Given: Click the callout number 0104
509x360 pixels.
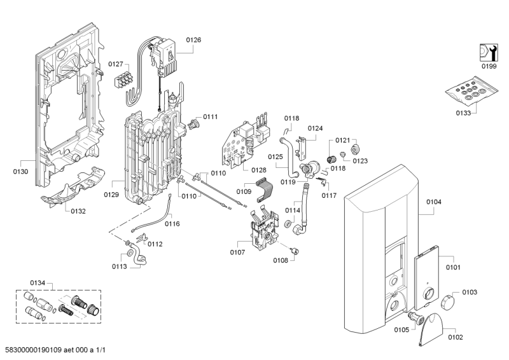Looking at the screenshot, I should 433,202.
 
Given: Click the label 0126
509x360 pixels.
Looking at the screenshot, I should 193,39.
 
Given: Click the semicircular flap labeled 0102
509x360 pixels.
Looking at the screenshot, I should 433,329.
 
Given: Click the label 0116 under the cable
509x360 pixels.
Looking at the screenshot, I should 172,224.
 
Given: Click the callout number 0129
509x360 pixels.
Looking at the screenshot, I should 111,195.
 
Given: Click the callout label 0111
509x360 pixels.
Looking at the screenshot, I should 210,117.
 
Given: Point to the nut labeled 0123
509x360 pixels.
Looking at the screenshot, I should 343,154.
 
